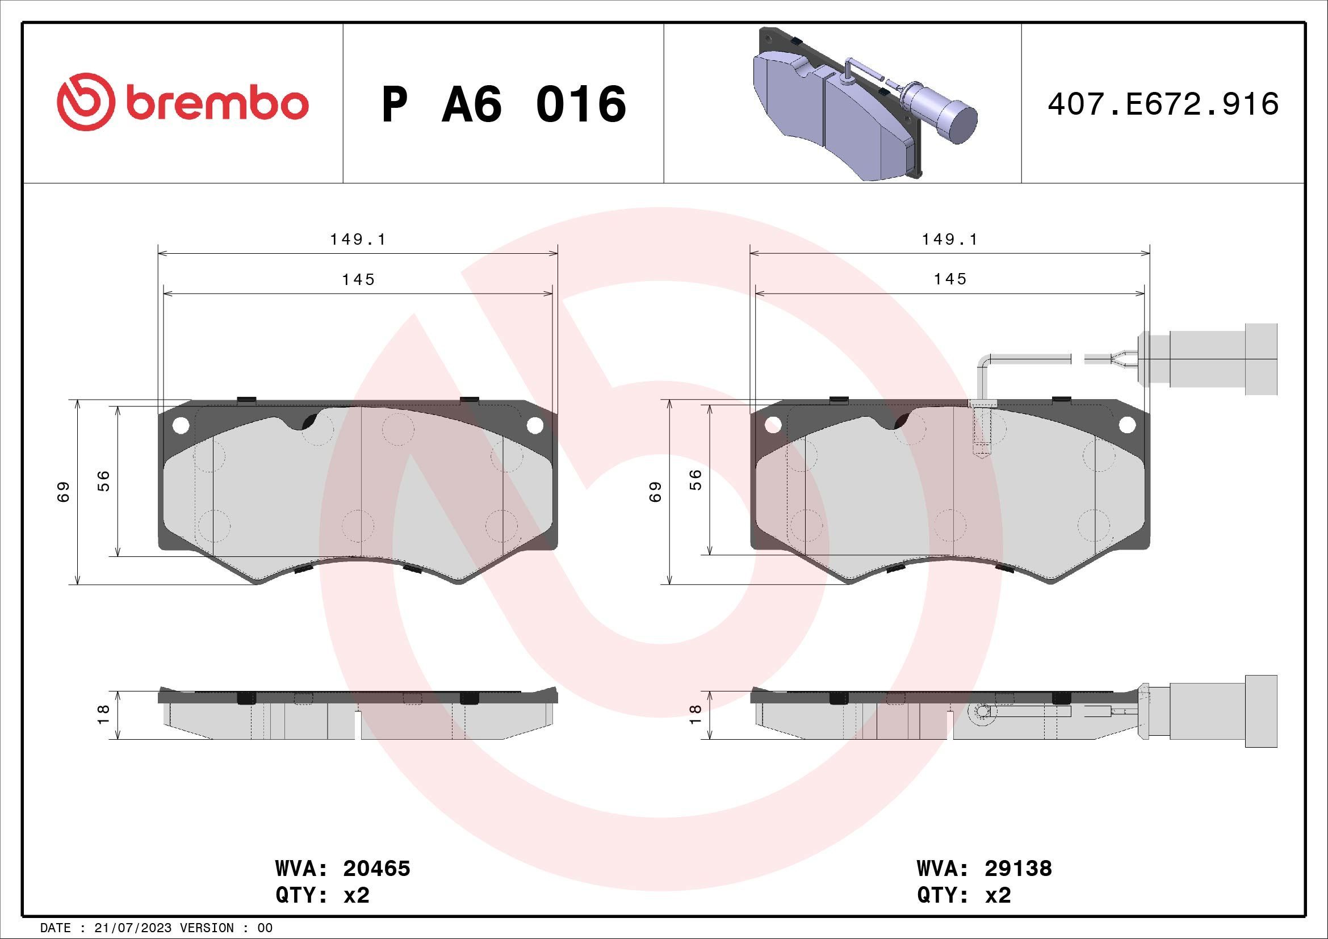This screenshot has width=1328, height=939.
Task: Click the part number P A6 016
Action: (503, 104)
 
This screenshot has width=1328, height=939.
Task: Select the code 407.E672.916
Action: (1163, 104)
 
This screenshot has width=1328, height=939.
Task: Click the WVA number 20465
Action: (376, 869)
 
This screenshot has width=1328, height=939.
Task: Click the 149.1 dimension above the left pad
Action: (358, 240)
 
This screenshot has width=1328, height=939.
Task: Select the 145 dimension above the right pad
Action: (950, 279)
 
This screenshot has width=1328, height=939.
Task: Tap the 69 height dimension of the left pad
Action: (64, 492)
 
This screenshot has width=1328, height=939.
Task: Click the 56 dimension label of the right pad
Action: (697, 479)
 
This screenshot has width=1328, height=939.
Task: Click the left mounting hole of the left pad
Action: (181, 426)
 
